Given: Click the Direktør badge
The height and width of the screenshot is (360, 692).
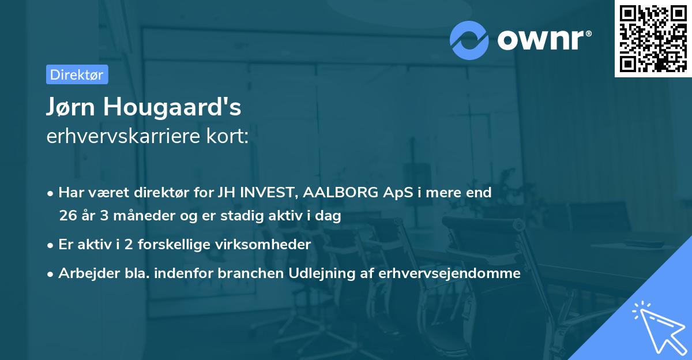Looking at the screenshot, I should [x=77, y=74].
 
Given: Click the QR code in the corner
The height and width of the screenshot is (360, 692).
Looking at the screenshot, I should [x=653, y=39].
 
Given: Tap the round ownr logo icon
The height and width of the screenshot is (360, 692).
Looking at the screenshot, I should [x=469, y=40].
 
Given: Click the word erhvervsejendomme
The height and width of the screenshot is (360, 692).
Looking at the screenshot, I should [x=450, y=273].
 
